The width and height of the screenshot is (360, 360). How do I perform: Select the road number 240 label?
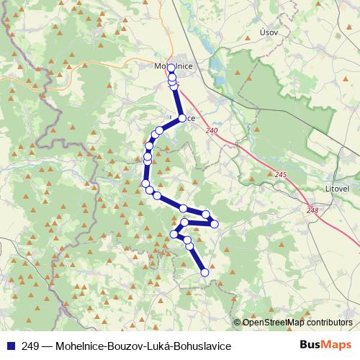(x=210, y=130)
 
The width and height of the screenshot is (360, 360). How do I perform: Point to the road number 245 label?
(x=280, y=174)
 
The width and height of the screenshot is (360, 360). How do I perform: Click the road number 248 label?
(x=312, y=210)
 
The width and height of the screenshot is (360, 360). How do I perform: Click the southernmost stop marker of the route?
(x=204, y=272)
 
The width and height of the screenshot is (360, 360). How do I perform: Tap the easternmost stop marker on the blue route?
(x=214, y=224)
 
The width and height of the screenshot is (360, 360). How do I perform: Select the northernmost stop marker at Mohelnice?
(x=171, y=68)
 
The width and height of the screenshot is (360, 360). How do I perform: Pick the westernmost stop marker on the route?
(x=145, y=184)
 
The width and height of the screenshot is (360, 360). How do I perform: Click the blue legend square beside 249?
(x=9, y=346)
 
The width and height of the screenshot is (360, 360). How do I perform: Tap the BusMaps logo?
(x=325, y=346)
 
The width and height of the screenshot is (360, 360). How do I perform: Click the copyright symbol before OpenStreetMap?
(x=238, y=323)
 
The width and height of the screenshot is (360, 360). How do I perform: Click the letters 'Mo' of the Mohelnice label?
(x=161, y=66)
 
